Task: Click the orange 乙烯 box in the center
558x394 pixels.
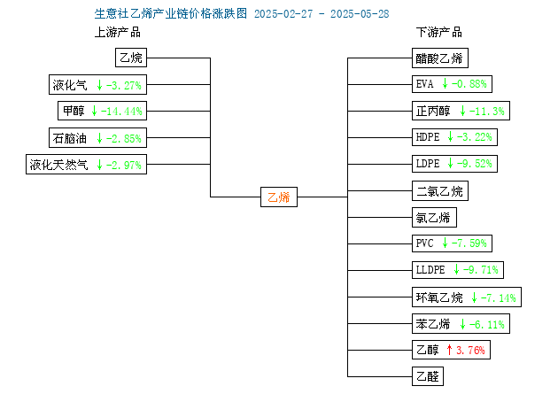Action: click(279, 197)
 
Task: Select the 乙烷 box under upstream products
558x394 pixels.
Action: click(131, 58)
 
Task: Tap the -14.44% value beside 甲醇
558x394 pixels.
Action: click(121, 112)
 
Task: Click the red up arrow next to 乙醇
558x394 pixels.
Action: click(449, 350)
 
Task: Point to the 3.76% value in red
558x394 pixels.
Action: click(470, 351)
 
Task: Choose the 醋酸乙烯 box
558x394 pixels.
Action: click(440, 58)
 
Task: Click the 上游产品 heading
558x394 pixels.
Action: click(118, 33)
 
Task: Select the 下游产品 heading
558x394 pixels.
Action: click(439, 33)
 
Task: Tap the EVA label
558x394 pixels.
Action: click(424, 84)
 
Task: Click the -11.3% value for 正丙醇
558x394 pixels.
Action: click(487, 112)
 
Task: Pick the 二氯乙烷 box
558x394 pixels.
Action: click(440, 191)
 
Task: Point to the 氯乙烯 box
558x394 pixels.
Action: click(434, 217)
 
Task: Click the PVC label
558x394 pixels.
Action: click(424, 243)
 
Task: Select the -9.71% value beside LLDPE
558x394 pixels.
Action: click(481, 270)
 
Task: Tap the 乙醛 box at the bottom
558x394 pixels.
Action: click(428, 376)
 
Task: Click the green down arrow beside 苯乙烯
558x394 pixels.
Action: click(462, 324)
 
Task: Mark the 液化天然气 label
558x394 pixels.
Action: click(58, 165)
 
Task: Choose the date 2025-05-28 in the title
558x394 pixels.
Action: click(360, 14)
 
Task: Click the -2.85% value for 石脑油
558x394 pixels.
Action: click(124, 138)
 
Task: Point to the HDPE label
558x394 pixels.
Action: click(428, 137)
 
